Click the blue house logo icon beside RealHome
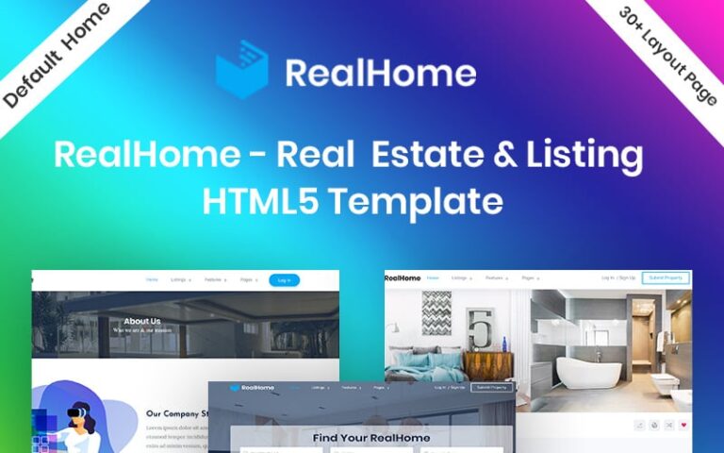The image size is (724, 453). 242,70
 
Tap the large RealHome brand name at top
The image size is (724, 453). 380,73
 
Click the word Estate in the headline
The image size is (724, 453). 421,154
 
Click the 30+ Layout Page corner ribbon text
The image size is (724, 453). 668,55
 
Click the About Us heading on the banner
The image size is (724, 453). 141,322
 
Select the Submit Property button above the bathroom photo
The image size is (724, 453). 666,278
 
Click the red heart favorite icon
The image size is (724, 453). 683,426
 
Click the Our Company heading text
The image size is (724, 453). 175,413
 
